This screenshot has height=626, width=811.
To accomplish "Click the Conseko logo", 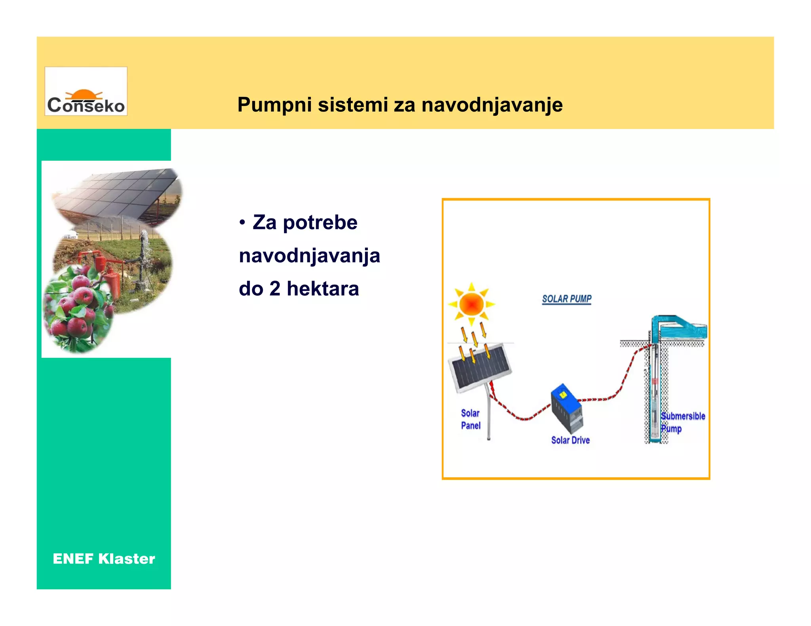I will pos(86,91).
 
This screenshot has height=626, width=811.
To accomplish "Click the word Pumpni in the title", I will pos(273,105).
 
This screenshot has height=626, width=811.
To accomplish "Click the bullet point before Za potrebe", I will pos(242,223).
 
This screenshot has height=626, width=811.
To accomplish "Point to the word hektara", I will pos(323,288).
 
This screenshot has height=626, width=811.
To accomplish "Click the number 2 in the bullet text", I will pos(275,288).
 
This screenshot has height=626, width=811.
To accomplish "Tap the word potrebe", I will pos(320,223).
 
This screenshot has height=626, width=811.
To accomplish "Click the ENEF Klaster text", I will pos(104,559).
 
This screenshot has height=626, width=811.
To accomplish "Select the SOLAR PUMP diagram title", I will pos(566,299).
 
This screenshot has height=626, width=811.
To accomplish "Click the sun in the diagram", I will pos(471,304).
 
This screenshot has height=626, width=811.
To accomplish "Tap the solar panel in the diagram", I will pos(480,368).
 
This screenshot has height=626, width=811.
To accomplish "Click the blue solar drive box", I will pos(567,408).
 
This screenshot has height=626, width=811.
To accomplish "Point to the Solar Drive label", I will pos(570,440).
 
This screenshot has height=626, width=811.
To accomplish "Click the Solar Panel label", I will pos(470,419).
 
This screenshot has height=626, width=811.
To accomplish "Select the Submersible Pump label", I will pos(682,422).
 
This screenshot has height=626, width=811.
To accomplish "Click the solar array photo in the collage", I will pos(119,194).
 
